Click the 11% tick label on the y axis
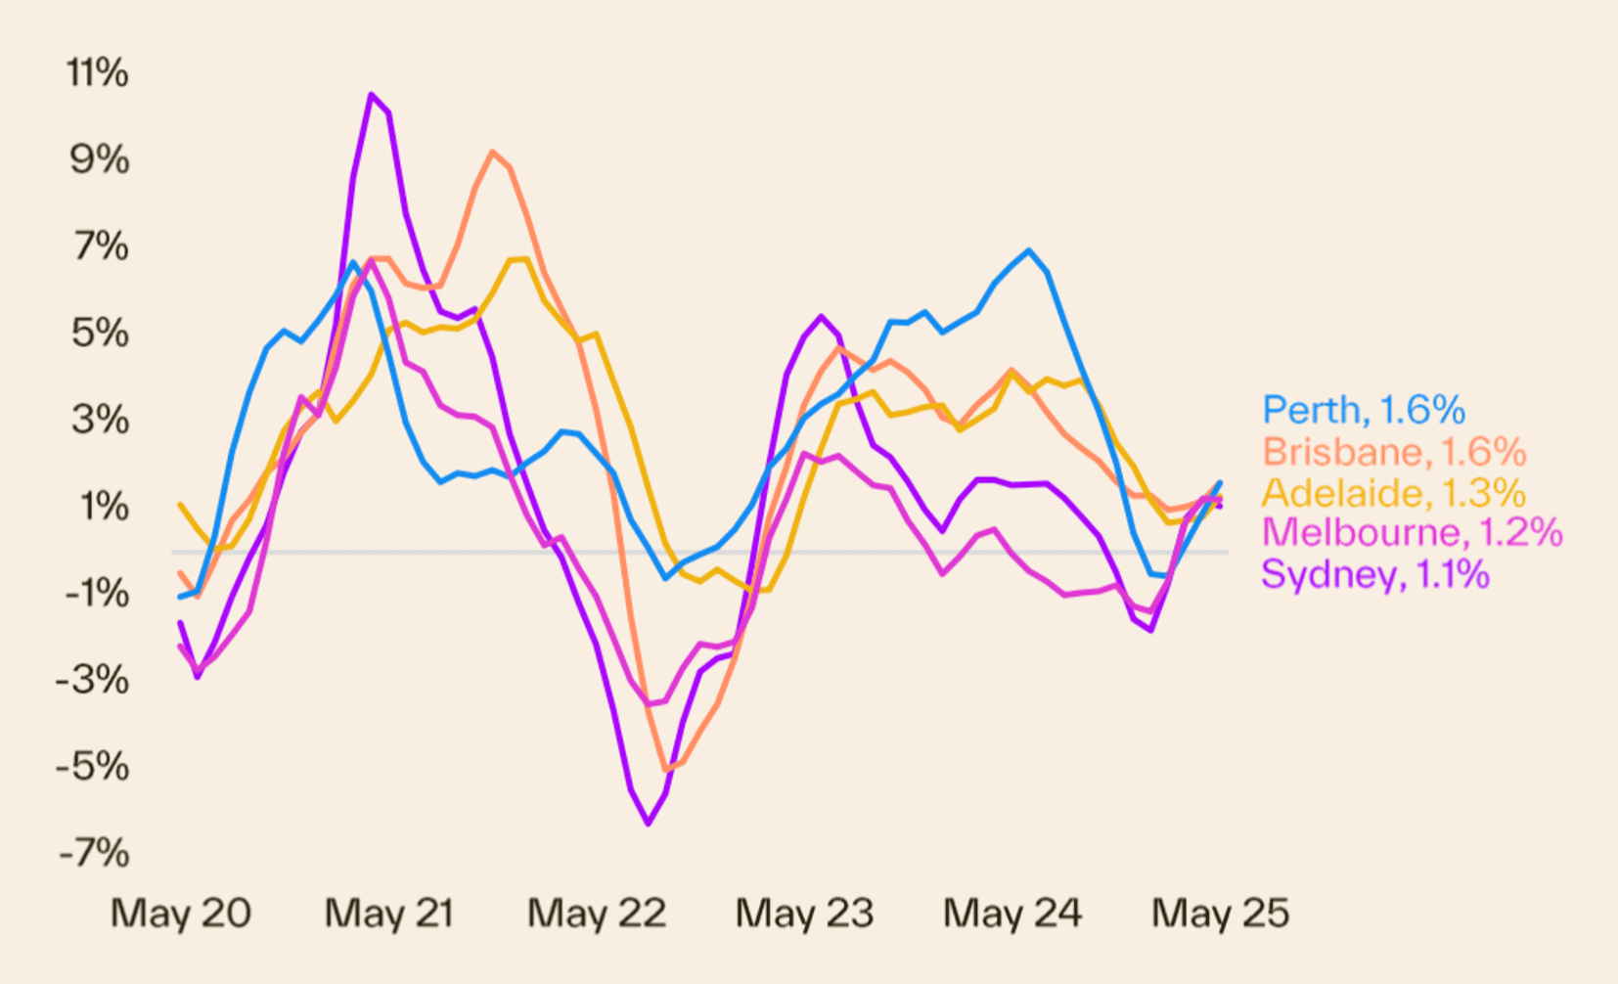(x=97, y=73)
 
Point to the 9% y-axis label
(x=99, y=159)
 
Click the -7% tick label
(x=94, y=854)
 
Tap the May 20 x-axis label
(x=181, y=914)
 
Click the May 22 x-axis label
(x=597, y=914)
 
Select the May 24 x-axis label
(x=1012, y=914)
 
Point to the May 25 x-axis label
(x=1220, y=914)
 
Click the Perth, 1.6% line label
(x=1364, y=410)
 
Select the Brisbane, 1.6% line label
(x=1394, y=452)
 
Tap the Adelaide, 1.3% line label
(x=1393, y=493)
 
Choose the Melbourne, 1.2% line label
(x=1412, y=533)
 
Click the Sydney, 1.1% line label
(x=1374, y=574)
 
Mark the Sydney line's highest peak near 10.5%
(x=371, y=95)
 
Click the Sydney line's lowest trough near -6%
(x=649, y=824)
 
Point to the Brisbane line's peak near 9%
(x=492, y=152)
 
